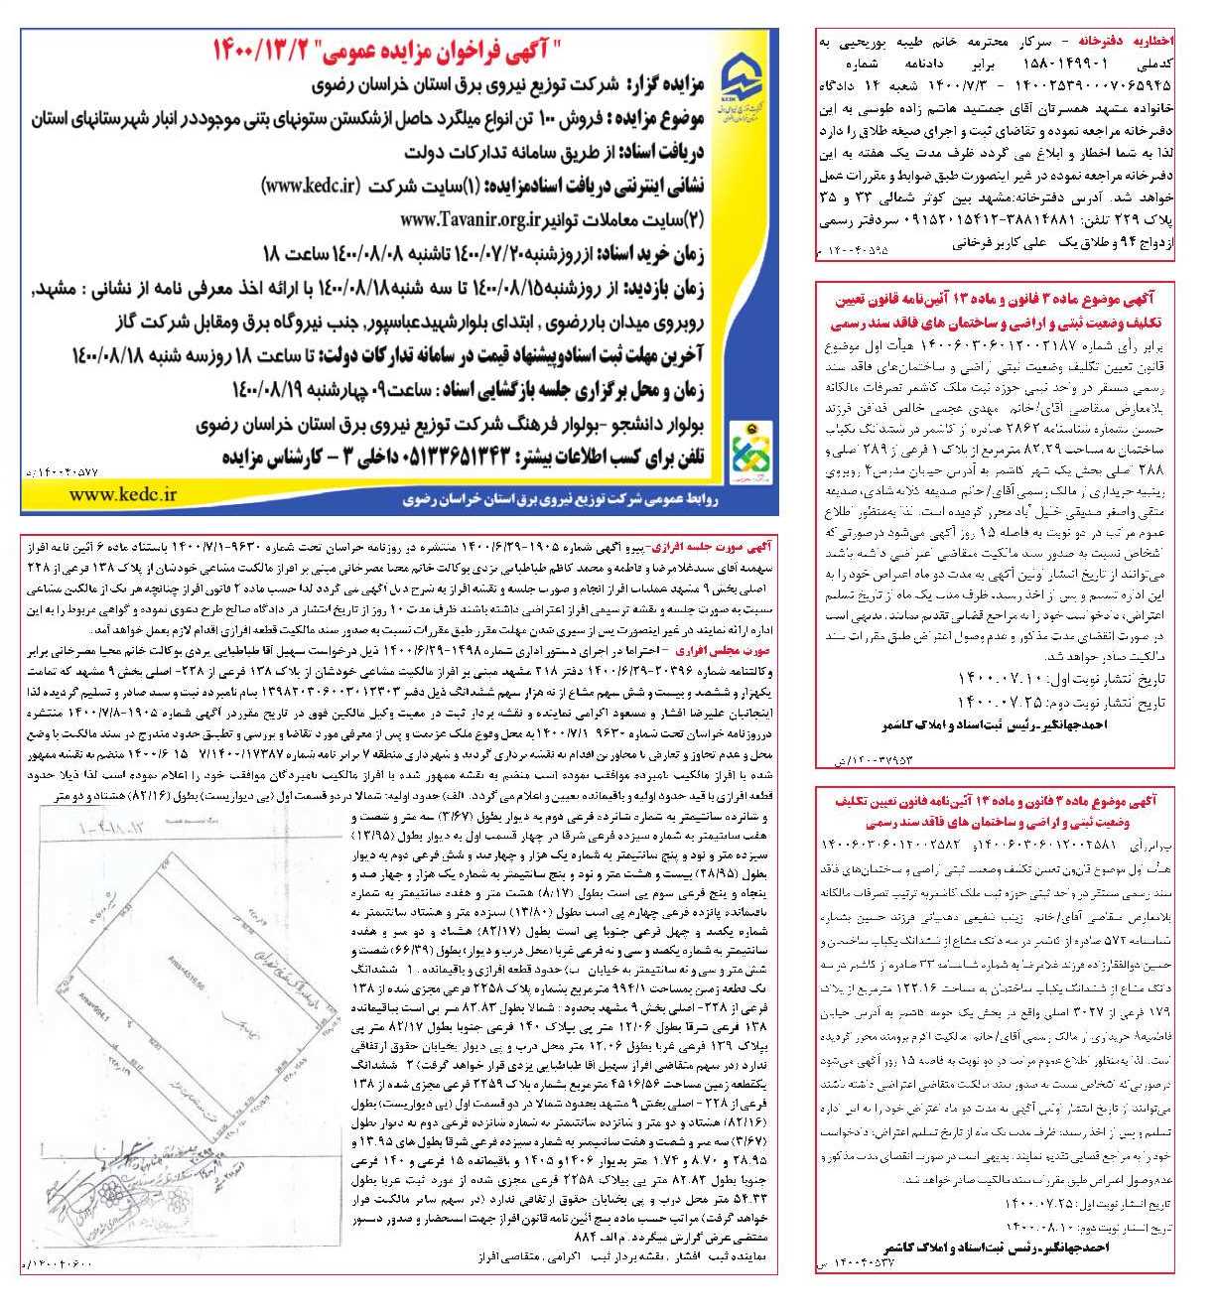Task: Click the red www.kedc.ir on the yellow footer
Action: click(124, 494)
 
